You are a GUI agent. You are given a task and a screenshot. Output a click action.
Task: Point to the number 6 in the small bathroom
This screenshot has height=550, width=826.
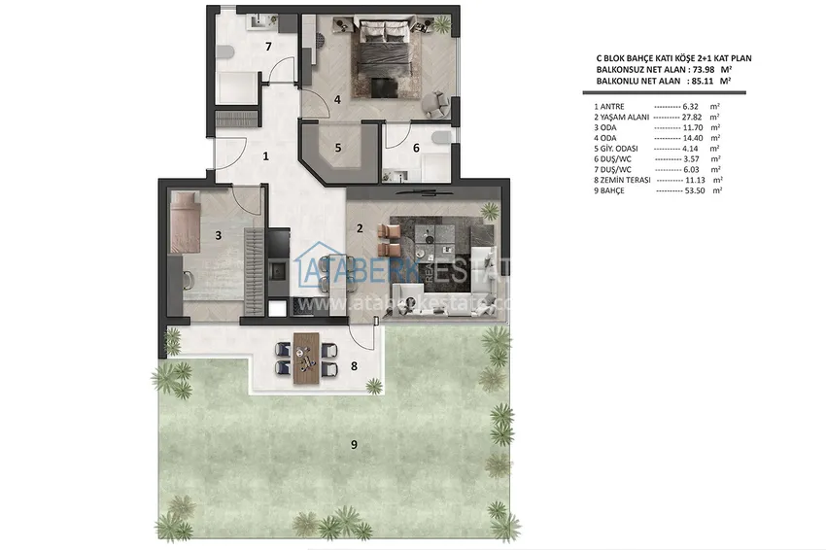click(416, 149)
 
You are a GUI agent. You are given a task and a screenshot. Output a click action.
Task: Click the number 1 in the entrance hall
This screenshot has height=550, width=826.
click(264, 155)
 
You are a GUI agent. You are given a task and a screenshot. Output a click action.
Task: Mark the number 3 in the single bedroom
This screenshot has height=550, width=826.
click(219, 234)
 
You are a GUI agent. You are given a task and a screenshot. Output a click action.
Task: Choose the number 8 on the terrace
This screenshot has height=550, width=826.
click(354, 366)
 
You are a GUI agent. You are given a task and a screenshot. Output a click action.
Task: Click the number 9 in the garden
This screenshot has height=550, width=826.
click(354, 445)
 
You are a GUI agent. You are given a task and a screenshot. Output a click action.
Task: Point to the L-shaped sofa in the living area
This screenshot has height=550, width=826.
click(447, 282)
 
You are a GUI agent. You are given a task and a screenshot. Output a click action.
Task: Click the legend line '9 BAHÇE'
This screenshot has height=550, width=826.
click(657, 191)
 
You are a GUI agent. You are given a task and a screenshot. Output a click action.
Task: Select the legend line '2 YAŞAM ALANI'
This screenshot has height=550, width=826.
click(657, 116)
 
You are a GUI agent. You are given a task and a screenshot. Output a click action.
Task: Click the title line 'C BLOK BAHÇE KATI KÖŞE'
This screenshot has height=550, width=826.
click(661, 58)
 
